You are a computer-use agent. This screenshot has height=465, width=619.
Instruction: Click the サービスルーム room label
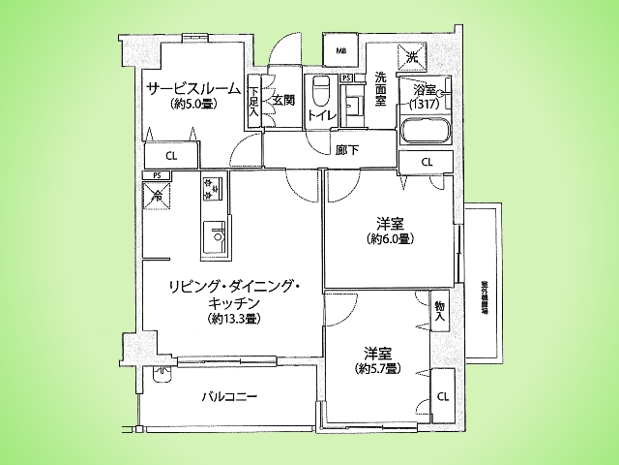click(x=193, y=88)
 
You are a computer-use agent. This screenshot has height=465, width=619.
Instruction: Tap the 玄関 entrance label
click(x=282, y=100)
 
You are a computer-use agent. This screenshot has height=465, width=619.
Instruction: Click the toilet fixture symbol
click(x=320, y=93)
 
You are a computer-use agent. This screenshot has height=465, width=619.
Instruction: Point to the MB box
click(x=340, y=51)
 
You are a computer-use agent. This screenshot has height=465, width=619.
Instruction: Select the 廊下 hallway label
click(x=347, y=149)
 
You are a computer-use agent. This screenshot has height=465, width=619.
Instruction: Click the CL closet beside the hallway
click(x=427, y=161)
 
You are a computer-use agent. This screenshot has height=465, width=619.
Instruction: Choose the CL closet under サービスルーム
click(x=170, y=155)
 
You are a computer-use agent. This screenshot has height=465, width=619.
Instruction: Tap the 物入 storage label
click(x=440, y=310)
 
